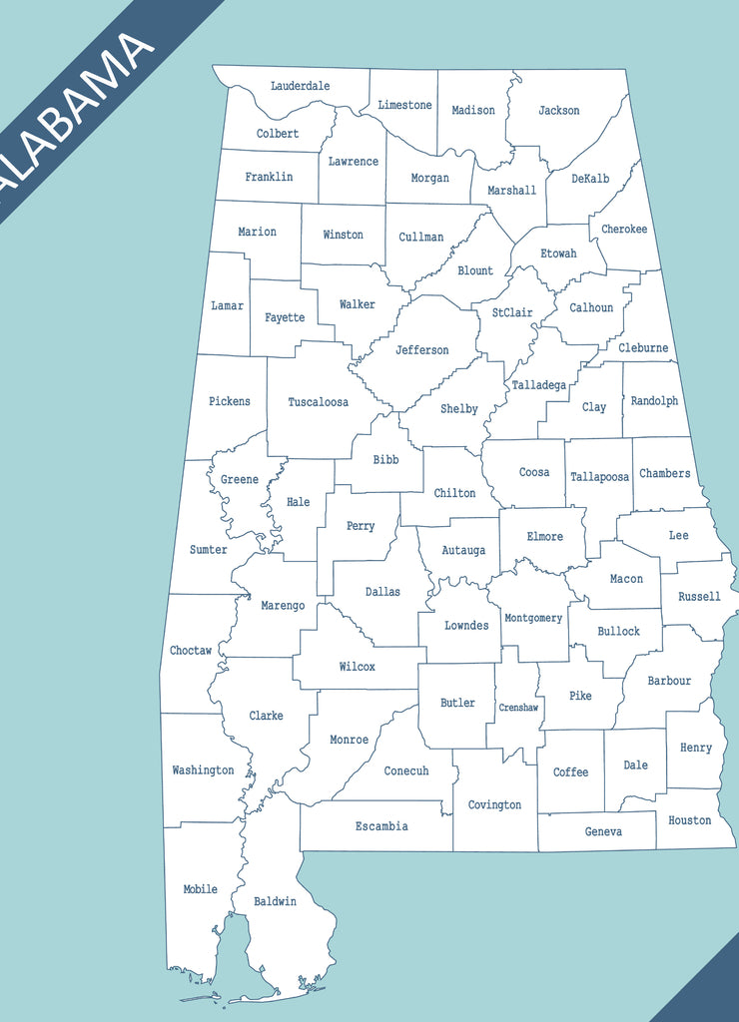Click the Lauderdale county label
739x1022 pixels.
300,86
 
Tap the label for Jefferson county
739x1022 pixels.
421,350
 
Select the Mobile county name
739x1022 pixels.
200,889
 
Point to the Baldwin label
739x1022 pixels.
275,901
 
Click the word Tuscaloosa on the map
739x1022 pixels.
319,402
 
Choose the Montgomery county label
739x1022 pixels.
533,618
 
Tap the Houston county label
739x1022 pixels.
689,820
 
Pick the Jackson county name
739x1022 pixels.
558,111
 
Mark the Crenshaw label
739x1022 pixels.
518,708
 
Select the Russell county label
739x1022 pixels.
699,597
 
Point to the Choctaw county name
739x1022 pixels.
191,651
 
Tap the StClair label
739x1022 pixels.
512,312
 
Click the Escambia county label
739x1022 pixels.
381,826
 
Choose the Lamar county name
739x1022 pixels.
227,305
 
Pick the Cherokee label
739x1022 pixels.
624,230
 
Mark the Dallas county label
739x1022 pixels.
382,592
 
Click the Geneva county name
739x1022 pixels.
603,831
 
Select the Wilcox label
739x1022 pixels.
357,667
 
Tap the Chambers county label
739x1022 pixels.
664,473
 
